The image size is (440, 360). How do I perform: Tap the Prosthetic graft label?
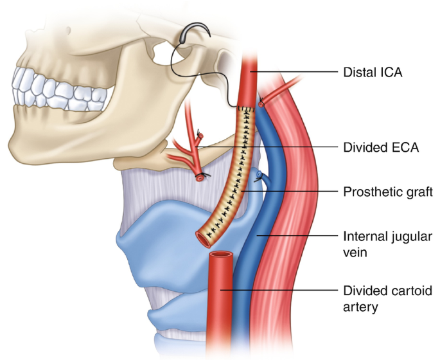(x=383, y=191)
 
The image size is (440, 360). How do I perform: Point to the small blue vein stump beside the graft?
(x=258, y=175)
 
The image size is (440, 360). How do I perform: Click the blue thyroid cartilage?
(x=161, y=225)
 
